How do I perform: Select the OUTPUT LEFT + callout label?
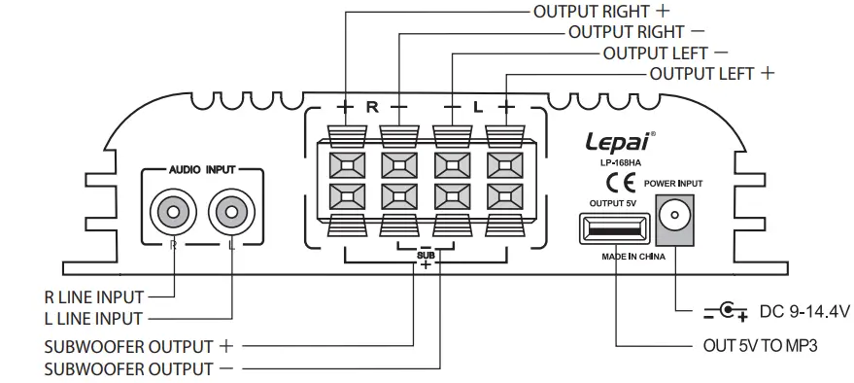712,73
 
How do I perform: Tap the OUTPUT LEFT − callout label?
666,52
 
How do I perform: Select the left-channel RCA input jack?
231,210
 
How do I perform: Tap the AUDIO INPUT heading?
202,168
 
